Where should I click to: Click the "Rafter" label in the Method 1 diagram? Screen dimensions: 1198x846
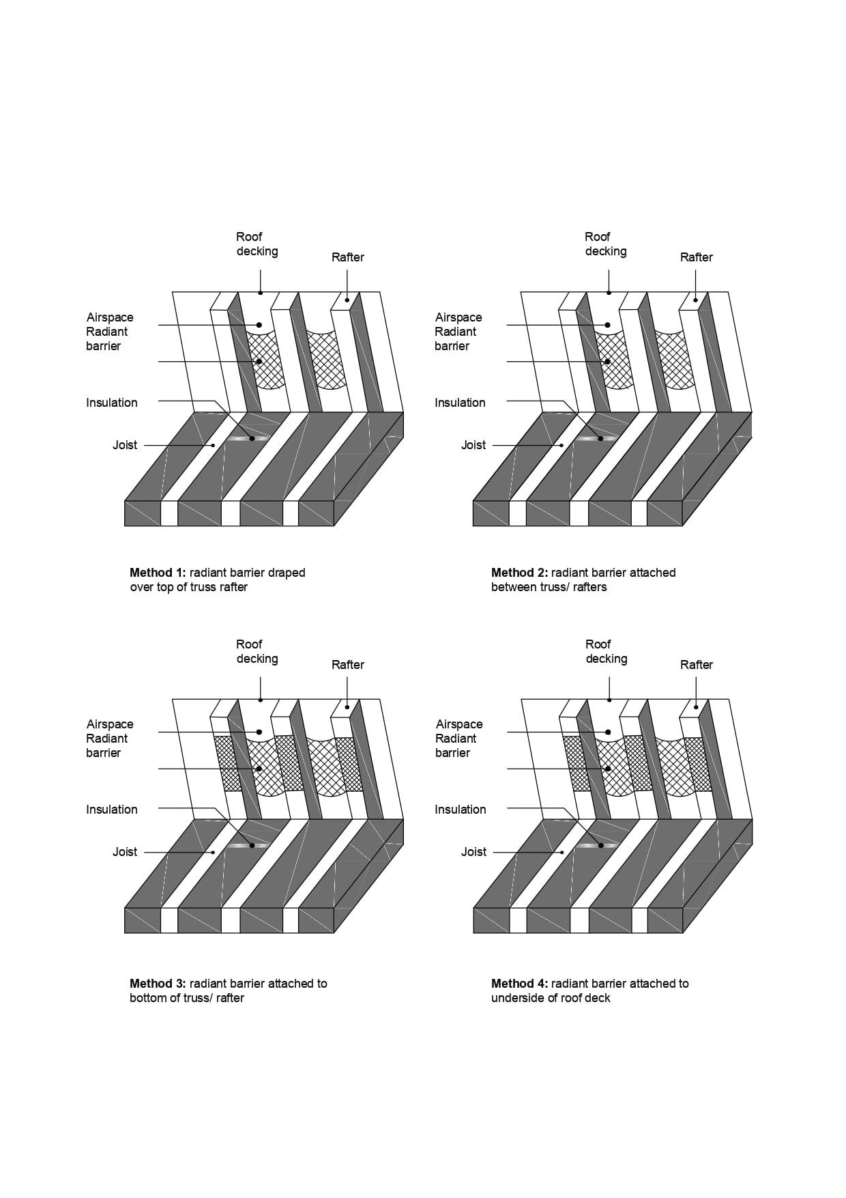pyautogui.click(x=347, y=257)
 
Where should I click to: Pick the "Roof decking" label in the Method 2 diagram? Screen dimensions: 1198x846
pyautogui.click(x=605, y=244)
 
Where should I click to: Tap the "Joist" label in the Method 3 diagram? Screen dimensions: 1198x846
pyautogui.click(x=125, y=852)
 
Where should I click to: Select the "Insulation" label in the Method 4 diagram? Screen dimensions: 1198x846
pyautogui.click(x=461, y=810)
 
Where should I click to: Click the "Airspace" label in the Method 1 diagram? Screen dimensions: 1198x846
pyautogui.click(x=110, y=317)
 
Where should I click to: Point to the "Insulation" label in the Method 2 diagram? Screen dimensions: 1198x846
pyautogui.click(x=460, y=403)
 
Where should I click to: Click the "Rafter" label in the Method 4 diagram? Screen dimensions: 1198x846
pyautogui.click(x=696, y=665)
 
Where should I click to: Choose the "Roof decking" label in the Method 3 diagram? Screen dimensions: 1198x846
pyautogui.click(x=257, y=651)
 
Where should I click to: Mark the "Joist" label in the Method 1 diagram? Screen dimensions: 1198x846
pyautogui.click(x=125, y=445)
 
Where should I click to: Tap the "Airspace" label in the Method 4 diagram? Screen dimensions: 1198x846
pyautogui.click(x=459, y=724)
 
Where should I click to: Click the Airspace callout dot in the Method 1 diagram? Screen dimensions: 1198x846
pyautogui.click(x=259, y=325)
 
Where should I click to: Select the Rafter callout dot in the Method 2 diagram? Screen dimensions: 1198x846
pyautogui.click(x=695, y=300)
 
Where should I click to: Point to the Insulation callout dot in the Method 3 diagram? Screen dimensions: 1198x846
pyautogui.click(x=252, y=845)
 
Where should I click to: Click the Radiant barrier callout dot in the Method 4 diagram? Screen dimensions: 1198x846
pyautogui.click(x=608, y=769)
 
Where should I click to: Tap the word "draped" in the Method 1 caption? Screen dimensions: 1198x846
pyautogui.click(x=287, y=573)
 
